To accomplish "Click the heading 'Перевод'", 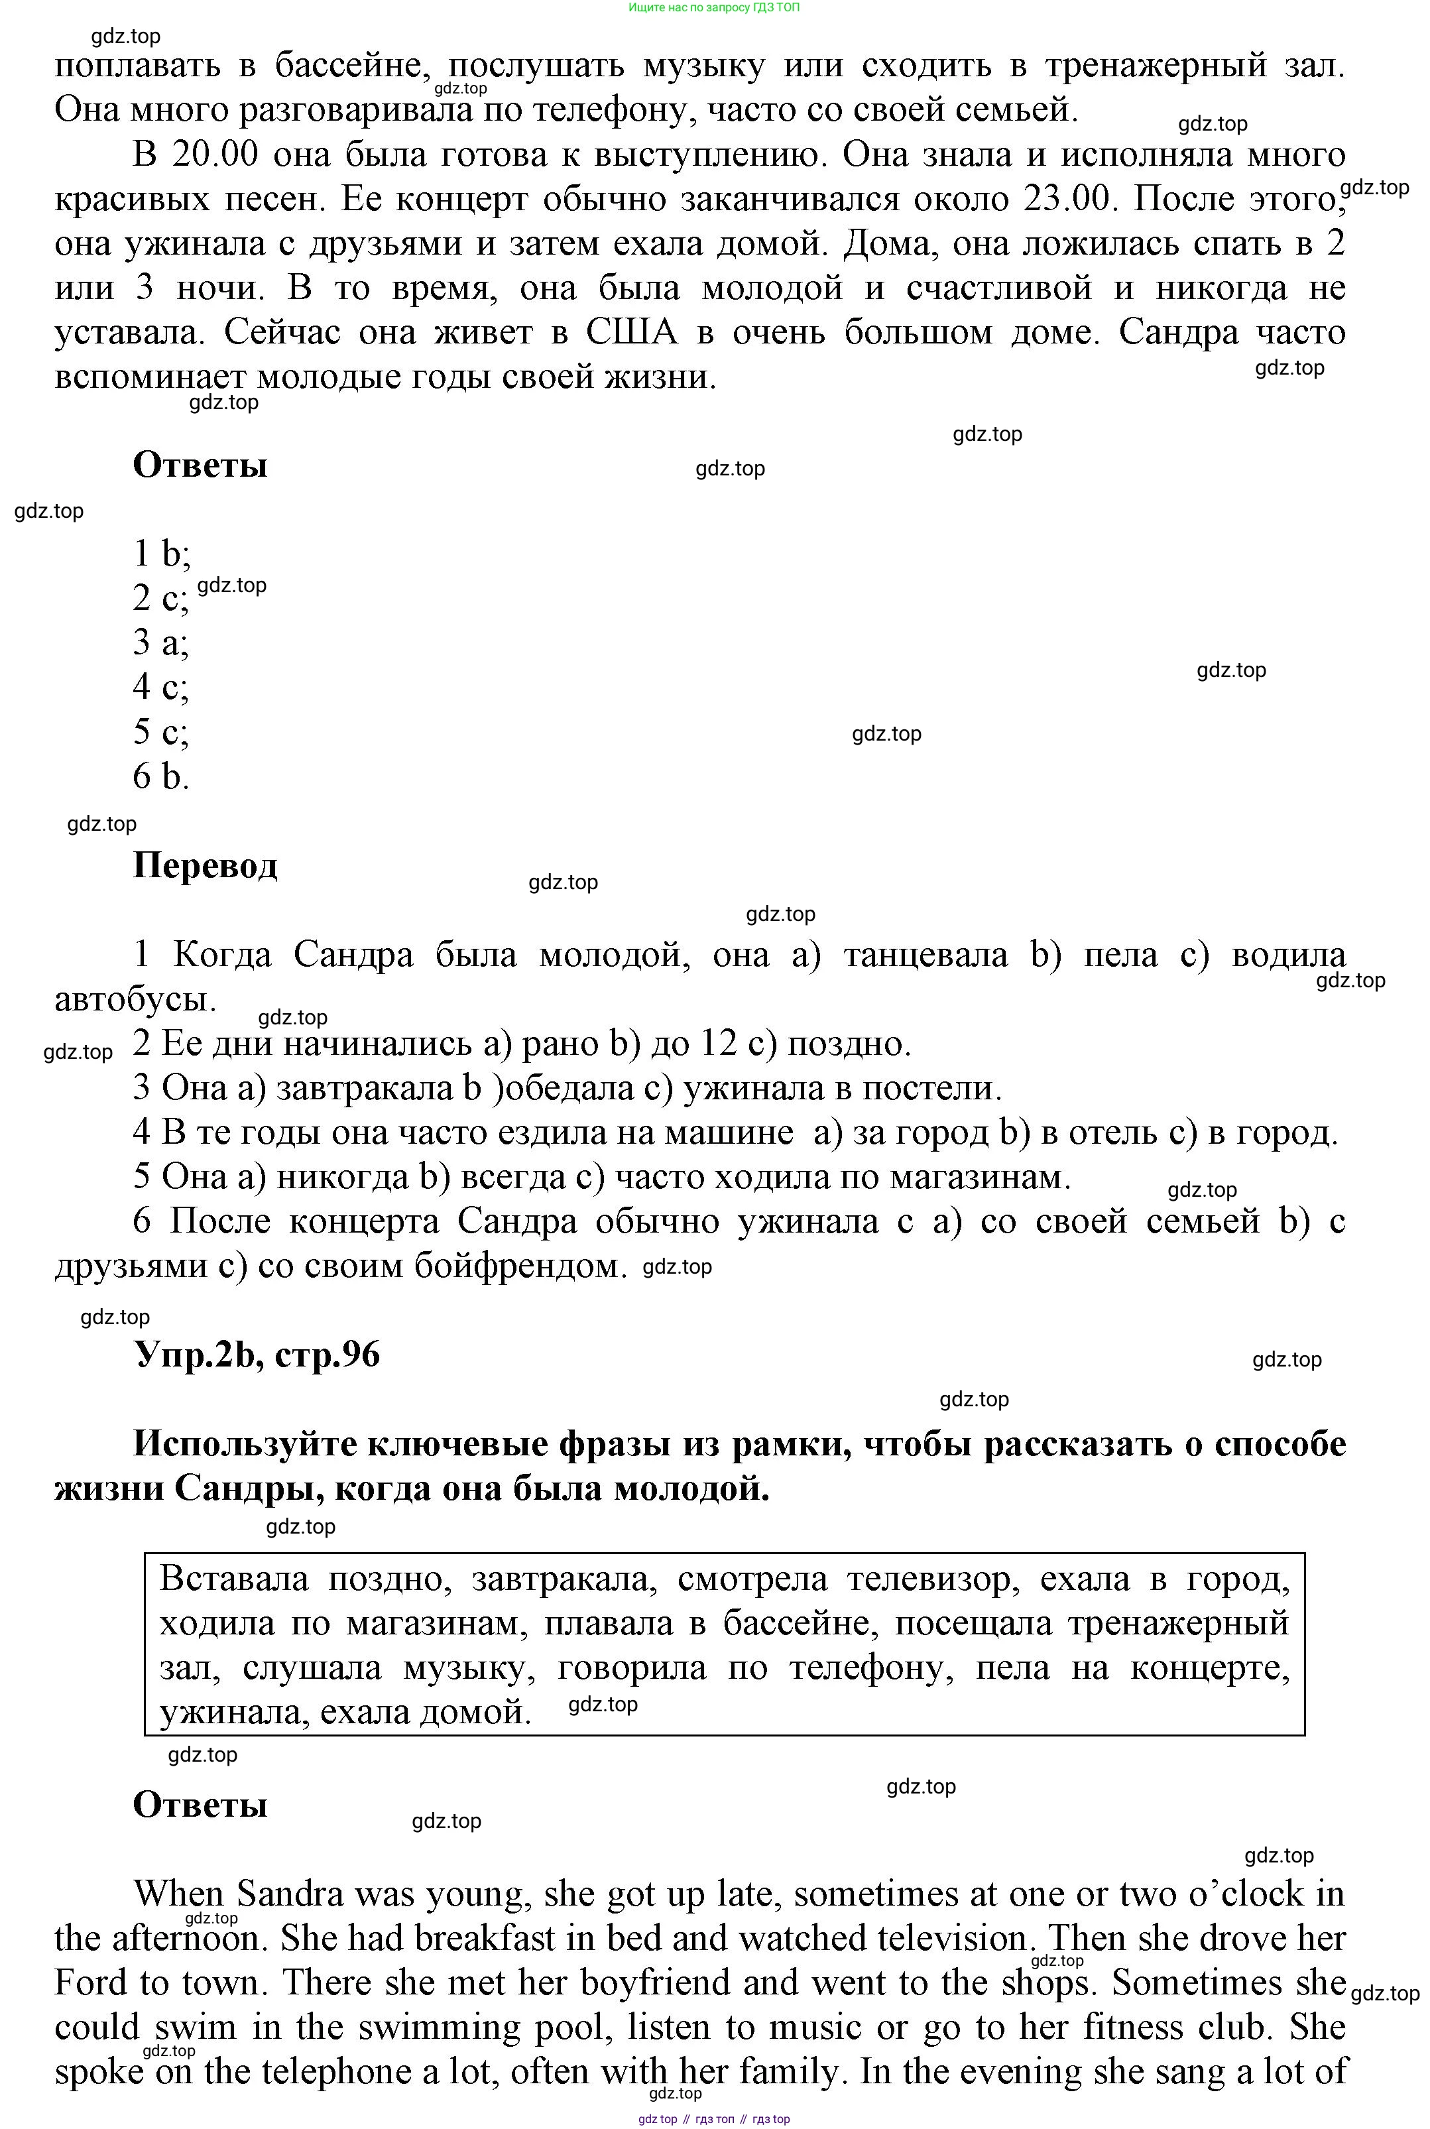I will (206, 865).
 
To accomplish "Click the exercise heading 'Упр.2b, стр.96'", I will (257, 1355).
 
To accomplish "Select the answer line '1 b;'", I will (161, 554).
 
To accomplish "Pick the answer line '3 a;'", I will (160, 643).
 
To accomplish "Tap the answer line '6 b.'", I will (160, 776).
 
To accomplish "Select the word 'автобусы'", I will (135, 1000).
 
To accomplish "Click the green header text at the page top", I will (714, 7).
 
